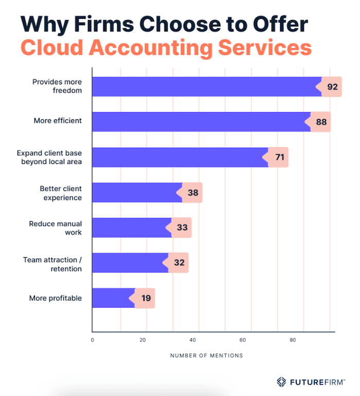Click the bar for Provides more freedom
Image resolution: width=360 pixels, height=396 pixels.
tap(206, 87)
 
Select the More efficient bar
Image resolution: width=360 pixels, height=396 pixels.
tap(201, 122)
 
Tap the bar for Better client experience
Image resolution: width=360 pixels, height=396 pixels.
tap(136, 192)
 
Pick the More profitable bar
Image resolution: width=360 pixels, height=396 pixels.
tap(113, 298)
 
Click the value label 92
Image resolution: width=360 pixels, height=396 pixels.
tap(332, 87)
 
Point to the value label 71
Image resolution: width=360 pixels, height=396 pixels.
tap(279, 157)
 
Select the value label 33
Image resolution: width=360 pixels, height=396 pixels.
tap(182, 227)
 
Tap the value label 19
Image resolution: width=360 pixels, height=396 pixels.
tap(146, 298)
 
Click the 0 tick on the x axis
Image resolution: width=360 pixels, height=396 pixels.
tap(93, 340)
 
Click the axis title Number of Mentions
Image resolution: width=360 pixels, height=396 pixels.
tap(206, 355)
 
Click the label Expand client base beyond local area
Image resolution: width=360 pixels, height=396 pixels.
tap(49, 157)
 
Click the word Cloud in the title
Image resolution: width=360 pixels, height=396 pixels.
tap(52, 47)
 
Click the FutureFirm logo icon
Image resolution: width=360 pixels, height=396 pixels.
tap(281, 382)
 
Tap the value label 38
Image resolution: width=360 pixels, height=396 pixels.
tap(192, 192)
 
